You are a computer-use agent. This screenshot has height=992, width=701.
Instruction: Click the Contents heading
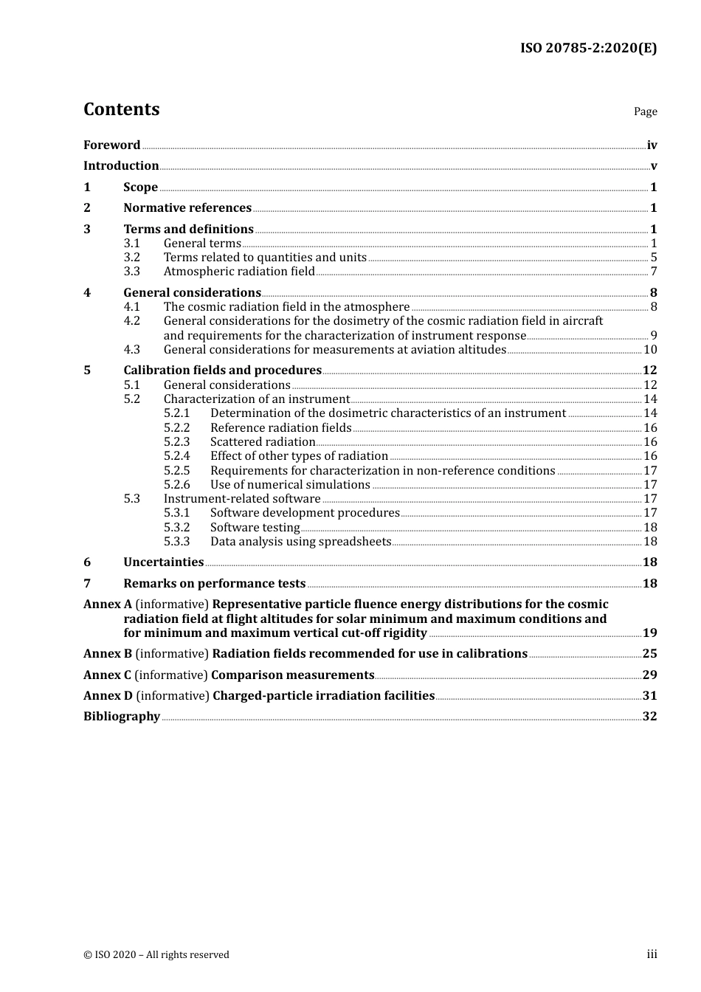121,109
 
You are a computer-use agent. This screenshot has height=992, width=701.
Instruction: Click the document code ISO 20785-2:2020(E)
588,48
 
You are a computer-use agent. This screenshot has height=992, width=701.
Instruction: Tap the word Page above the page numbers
645,111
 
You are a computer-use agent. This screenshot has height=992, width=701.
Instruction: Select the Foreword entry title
111,145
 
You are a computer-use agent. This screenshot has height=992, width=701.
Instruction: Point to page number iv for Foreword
652,145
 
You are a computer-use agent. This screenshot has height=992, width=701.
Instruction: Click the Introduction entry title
121,166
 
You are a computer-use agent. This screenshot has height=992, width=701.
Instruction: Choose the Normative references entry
187,208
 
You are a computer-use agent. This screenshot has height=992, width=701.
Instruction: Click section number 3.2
131,258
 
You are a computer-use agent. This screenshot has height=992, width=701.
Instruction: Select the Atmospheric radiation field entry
239,272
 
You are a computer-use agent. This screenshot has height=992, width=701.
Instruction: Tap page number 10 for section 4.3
650,350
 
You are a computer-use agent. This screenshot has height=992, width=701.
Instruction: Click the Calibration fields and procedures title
222,371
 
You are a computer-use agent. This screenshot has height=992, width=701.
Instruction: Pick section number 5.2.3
176,442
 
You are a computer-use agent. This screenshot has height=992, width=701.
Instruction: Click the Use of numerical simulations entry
290,485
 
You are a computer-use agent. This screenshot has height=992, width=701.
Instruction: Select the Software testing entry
255,528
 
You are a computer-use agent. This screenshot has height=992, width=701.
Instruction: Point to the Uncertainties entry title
163,562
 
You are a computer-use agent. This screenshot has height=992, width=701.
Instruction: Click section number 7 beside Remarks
87,584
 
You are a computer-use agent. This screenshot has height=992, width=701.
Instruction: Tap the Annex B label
108,654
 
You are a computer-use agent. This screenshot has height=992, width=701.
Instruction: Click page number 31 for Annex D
649,696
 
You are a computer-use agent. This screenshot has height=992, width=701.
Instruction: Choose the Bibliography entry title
122,717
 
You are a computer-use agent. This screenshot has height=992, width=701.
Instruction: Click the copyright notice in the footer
156,955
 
